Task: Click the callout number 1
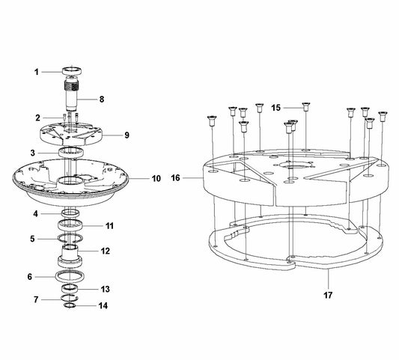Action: point(37,73)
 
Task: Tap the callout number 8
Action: point(102,100)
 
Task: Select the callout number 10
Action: point(156,179)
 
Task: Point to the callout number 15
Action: point(275,108)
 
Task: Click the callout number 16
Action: point(176,178)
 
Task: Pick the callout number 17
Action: point(328,295)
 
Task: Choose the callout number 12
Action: point(106,251)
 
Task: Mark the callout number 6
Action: point(30,277)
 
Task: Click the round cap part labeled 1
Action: point(72,71)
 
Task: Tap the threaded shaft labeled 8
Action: point(71,94)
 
